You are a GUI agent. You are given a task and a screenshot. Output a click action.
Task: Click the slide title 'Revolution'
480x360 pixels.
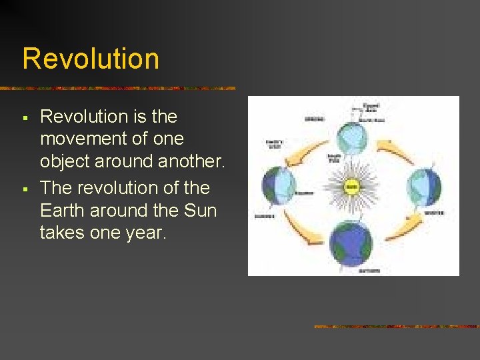click(91, 59)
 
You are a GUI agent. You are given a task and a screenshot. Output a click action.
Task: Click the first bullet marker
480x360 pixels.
click(25, 118)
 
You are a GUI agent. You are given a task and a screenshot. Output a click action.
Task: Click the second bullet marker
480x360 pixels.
click(25, 189)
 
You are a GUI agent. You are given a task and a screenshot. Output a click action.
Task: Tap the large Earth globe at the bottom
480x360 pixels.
click(352, 243)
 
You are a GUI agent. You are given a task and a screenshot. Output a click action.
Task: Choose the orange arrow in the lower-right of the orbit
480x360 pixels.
click(403, 227)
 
